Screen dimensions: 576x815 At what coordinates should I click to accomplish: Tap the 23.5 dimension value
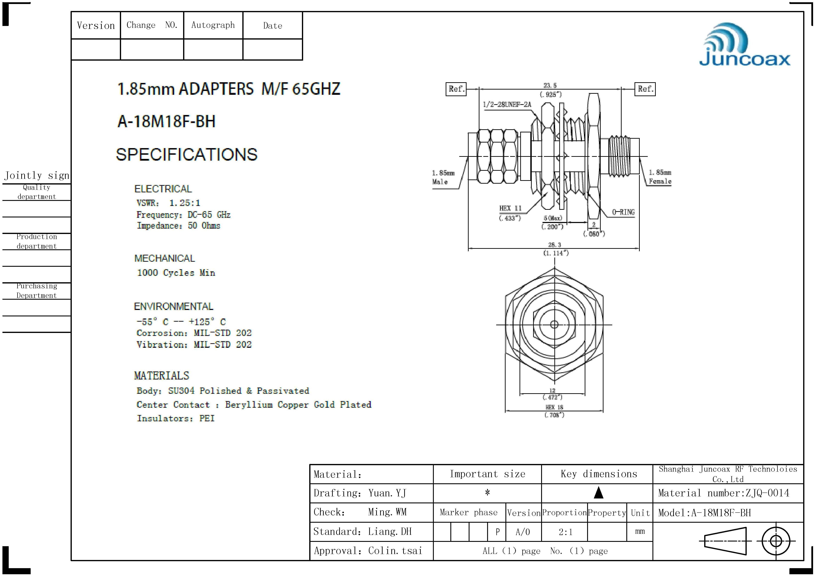coord(550,86)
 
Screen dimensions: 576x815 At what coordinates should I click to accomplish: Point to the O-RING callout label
coord(623,212)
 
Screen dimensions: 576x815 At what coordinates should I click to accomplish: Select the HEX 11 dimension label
coord(510,208)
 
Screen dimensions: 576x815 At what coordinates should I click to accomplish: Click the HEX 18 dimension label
coord(554,407)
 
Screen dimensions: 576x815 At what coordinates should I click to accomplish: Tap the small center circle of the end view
coord(554,324)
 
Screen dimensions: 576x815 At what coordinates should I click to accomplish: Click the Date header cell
coord(273,26)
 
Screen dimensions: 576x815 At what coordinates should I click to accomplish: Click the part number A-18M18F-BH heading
coord(167,121)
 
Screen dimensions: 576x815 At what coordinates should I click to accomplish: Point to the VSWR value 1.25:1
coord(184,203)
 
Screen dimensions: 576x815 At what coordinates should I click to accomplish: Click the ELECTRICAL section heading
coord(163,189)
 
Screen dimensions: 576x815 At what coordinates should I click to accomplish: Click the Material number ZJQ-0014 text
coord(723,493)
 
